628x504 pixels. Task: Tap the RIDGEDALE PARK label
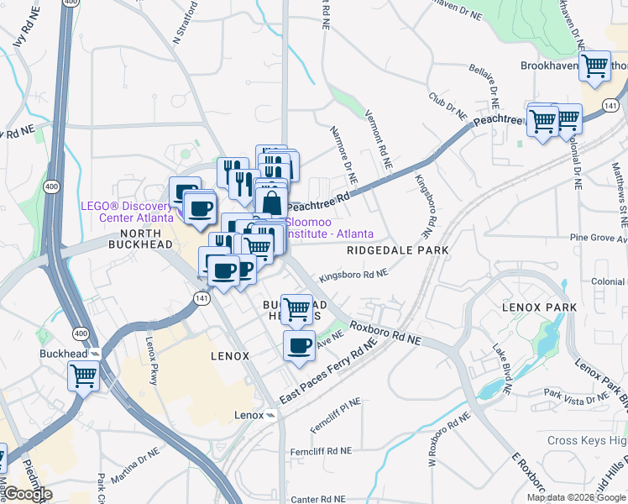coord(398,250)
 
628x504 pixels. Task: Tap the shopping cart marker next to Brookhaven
coord(595,65)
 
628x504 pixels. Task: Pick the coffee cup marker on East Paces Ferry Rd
coord(299,344)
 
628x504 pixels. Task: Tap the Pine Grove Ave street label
coord(598,239)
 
